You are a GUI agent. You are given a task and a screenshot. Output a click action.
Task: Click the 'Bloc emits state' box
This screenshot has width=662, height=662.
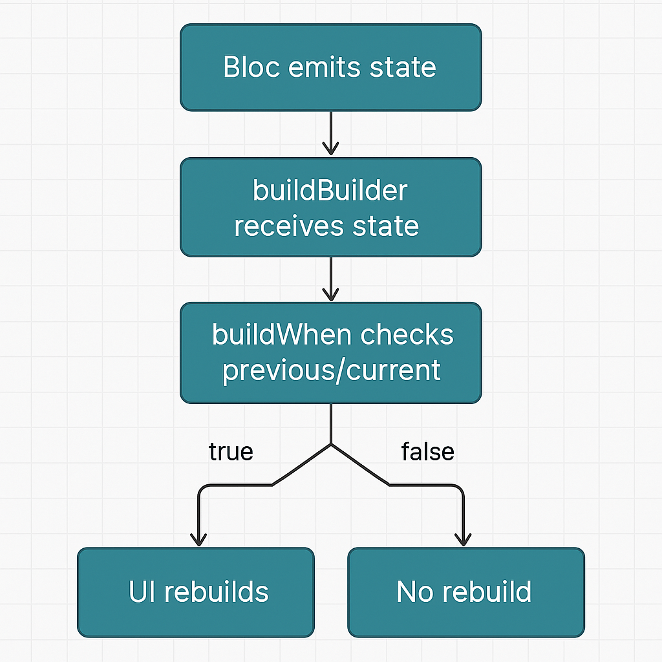click(x=330, y=67)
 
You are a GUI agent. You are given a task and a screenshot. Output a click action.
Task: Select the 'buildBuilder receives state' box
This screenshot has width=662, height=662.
click(x=330, y=208)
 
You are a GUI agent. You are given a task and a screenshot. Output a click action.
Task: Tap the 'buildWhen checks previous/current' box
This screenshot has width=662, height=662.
click(x=330, y=353)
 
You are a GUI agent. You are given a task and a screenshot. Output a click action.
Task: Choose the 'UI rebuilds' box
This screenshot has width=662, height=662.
click(x=195, y=592)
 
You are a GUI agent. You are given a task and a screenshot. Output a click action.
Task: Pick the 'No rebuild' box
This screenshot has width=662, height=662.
click(x=465, y=592)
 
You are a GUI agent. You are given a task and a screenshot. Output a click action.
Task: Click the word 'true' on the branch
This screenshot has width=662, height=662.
click(x=231, y=451)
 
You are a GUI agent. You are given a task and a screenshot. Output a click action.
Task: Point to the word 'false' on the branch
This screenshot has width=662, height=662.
click(x=427, y=451)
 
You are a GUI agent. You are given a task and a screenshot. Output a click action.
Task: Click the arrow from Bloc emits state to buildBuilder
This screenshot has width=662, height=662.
click(x=330, y=133)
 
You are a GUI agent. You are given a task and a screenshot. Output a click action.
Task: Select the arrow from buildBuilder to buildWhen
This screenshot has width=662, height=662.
click(x=330, y=279)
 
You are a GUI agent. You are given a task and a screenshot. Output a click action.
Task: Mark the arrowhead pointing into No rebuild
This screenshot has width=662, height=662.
click(x=463, y=539)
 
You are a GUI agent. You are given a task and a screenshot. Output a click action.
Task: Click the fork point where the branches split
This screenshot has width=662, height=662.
click(x=331, y=445)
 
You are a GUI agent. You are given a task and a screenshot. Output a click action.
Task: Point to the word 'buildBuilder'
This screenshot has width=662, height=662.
click(x=330, y=191)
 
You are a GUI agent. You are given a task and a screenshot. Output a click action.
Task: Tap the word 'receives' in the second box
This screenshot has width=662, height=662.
click(x=288, y=226)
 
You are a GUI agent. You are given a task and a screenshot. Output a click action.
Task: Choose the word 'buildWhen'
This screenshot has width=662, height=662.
click(x=282, y=335)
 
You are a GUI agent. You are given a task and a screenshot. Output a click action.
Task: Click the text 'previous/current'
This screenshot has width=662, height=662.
click(x=331, y=370)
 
